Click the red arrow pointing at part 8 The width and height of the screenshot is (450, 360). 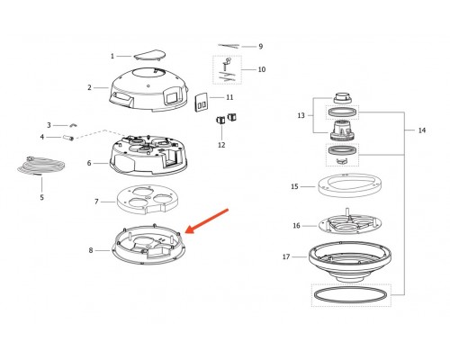point(207,221)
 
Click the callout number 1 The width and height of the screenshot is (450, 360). point(112,56)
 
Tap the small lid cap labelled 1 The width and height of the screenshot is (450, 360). point(149,55)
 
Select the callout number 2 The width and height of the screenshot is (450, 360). point(89,87)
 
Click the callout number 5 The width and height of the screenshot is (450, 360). point(41,197)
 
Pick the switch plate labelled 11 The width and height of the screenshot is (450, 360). point(201,103)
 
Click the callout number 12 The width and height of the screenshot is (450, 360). point(221,145)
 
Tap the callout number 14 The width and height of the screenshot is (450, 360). point(422,130)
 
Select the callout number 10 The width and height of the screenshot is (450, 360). point(262,69)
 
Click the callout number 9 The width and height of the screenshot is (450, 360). point(260,47)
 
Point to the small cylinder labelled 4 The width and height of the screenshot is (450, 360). point(68,138)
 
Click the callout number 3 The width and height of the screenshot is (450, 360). point(49,125)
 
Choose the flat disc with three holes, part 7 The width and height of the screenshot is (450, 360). point(146,199)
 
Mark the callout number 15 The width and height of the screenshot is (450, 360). point(294,186)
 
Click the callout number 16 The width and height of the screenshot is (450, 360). point(296,226)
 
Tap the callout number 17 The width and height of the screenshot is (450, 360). point(286,256)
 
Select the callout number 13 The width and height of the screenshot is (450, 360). point(301,115)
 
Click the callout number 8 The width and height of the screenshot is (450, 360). point(91,250)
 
